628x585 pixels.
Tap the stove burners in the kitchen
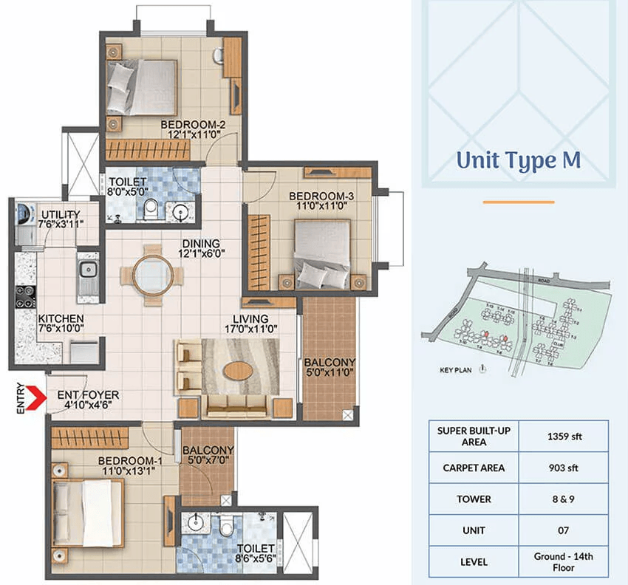[x=24, y=297]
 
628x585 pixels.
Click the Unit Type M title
[x=518, y=160]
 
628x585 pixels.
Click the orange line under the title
[x=518, y=202]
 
